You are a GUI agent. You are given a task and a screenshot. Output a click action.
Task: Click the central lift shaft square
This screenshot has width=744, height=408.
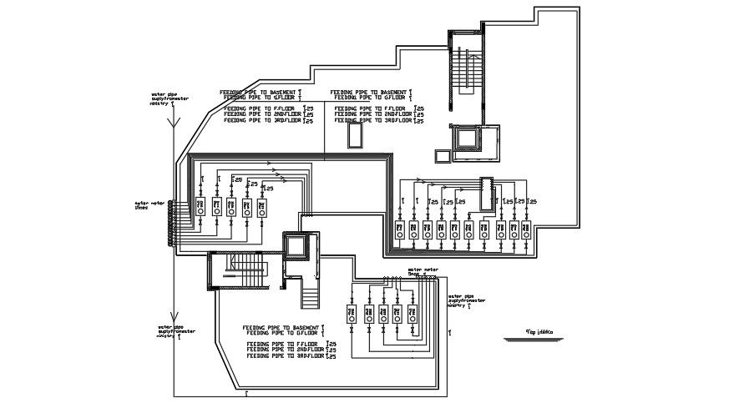[296, 246]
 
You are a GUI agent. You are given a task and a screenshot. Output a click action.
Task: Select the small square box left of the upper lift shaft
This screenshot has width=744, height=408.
[440, 154]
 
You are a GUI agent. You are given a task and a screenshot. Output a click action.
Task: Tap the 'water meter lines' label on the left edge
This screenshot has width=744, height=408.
[147, 204]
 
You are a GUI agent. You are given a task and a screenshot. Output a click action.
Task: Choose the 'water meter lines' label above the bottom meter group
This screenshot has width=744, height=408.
[423, 271]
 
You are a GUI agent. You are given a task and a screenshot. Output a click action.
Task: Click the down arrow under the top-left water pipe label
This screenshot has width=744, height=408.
[173, 121]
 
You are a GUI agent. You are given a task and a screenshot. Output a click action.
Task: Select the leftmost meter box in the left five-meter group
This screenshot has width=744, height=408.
[200, 206]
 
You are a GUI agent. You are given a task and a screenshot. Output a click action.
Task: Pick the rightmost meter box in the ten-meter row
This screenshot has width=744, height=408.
[526, 229]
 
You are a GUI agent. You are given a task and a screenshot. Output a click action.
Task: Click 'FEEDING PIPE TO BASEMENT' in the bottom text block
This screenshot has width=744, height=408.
[281, 327]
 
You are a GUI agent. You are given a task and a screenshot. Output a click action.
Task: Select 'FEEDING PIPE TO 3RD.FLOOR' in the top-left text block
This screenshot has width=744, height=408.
[264, 120]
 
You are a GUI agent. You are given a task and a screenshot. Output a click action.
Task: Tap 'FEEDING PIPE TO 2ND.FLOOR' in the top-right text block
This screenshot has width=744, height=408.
[375, 114]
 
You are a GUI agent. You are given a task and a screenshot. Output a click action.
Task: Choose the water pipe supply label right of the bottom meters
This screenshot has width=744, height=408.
[466, 300]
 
